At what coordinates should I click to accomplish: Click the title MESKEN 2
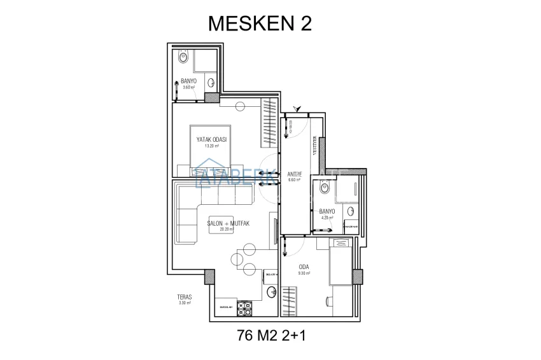pyautogui.click(x=260, y=24)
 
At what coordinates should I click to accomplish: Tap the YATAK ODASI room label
pyautogui.click(x=211, y=139)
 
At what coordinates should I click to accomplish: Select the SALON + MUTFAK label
pyautogui.click(x=227, y=224)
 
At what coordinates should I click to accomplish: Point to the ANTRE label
pyautogui.click(x=294, y=172)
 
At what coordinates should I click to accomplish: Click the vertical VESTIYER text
pyautogui.click(x=314, y=146)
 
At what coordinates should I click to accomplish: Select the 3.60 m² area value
pyautogui.click(x=188, y=87)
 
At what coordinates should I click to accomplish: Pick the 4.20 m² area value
pyautogui.click(x=327, y=218)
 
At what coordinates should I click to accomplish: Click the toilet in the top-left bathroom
pyautogui.click(x=183, y=58)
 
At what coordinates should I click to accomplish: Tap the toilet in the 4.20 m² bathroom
pyautogui.click(x=324, y=188)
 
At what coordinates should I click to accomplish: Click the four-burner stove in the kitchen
pyautogui.click(x=245, y=308)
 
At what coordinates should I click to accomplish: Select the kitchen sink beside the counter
pyautogui.click(x=270, y=292)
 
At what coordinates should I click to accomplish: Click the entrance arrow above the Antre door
pyautogui.click(x=293, y=108)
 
